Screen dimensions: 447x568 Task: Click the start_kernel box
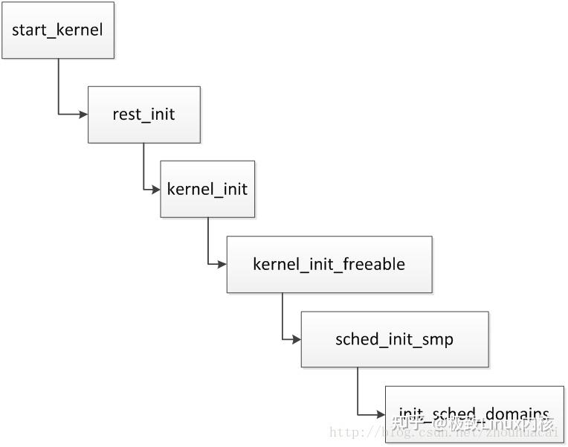click(58, 31)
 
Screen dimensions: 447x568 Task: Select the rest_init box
click(144, 115)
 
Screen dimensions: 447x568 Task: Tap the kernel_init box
click(207, 189)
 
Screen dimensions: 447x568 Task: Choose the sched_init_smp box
click(395, 339)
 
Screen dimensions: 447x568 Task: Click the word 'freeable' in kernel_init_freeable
click(374, 264)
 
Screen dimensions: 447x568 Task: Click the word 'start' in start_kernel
click(27, 31)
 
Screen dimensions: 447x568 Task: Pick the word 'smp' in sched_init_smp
click(439, 339)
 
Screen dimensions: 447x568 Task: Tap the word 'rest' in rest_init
click(124, 115)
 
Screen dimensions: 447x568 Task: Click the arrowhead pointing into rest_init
click(83, 115)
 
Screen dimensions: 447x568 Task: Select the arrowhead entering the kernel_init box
click(155, 189)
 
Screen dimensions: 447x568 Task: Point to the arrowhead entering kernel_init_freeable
click(222, 264)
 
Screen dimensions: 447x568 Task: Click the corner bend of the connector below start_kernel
click(59, 115)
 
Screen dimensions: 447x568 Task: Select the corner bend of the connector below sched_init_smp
click(358, 414)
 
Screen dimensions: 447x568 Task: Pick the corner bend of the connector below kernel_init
click(208, 264)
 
